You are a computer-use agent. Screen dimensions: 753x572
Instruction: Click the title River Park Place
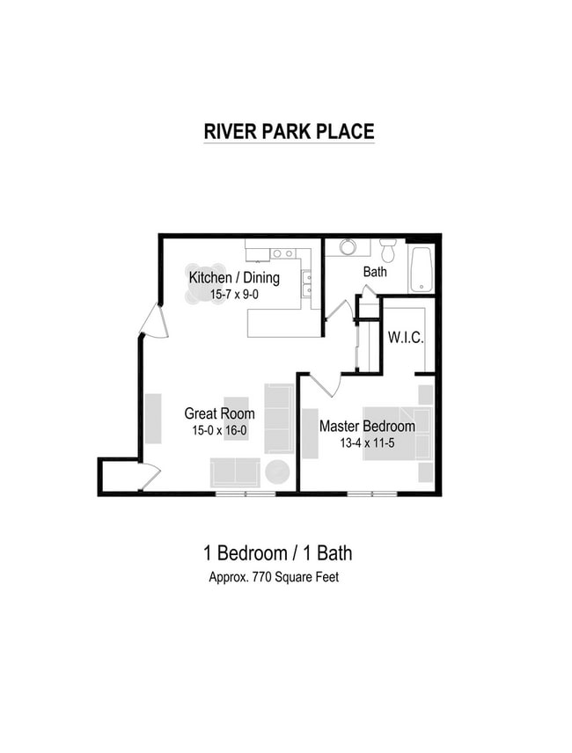tap(289, 132)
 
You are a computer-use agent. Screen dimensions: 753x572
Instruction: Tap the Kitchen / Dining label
tap(234, 278)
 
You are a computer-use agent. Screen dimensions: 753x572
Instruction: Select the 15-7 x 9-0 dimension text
tap(234, 295)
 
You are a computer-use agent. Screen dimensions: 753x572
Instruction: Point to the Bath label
tap(375, 272)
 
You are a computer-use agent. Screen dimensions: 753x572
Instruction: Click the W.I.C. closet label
tap(404, 336)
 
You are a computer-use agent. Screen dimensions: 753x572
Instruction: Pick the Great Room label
tap(219, 413)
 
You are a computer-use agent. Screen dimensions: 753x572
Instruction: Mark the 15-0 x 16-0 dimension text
tap(219, 431)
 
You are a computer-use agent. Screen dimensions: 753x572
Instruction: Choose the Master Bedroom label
tap(367, 427)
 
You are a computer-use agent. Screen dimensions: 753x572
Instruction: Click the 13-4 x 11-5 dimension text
tap(367, 443)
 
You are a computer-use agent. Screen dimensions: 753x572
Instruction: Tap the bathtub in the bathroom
tap(422, 269)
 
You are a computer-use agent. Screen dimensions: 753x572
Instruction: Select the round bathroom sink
tap(348, 246)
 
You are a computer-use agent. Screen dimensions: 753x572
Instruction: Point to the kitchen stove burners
tap(282, 253)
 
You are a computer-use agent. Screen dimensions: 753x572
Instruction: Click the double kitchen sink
tap(306, 283)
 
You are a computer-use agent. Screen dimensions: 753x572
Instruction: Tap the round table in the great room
tap(277, 472)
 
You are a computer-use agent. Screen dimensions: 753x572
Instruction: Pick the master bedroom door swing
tap(326, 384)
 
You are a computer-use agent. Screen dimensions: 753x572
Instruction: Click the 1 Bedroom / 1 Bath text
tap(277, 553)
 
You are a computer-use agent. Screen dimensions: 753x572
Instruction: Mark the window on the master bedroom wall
tap(373, 493)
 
